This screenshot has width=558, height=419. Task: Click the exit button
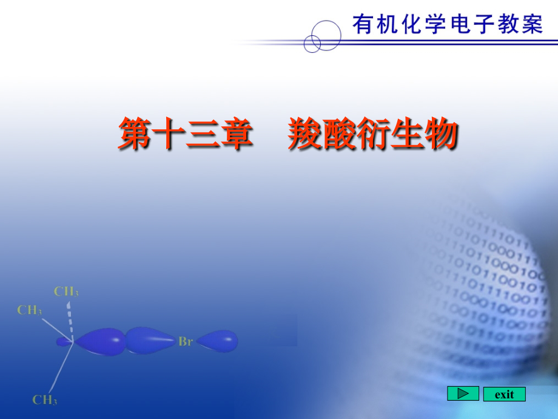click(504, 394)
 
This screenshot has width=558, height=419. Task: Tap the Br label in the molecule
click(186, 341)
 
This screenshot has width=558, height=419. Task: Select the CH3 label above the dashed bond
click(66, 291)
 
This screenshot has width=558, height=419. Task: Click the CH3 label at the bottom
click(45, 400)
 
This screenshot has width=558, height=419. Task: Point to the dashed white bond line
click(70, 321)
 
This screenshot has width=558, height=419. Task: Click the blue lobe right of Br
click(217, 341)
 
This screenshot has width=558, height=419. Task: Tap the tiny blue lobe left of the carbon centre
click(64, 342)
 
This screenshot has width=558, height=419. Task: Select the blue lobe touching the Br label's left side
click(151, 341)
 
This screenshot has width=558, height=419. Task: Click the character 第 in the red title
click(135, 134)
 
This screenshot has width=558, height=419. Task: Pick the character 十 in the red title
click(169, 134)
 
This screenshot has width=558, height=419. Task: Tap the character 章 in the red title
click(237, 134)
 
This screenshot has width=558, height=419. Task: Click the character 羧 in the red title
click(304, 134)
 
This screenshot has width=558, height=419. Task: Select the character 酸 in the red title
click(338, 134)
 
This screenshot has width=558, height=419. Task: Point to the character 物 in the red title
click(440, 134)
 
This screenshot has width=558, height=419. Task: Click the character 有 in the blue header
click(363, 24)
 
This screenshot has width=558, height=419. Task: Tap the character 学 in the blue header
click(435, 24)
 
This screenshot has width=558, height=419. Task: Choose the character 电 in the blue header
click(460, 24)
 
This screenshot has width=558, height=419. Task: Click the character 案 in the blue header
click(533, 24)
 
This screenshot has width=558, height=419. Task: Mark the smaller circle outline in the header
click(304, 44)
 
